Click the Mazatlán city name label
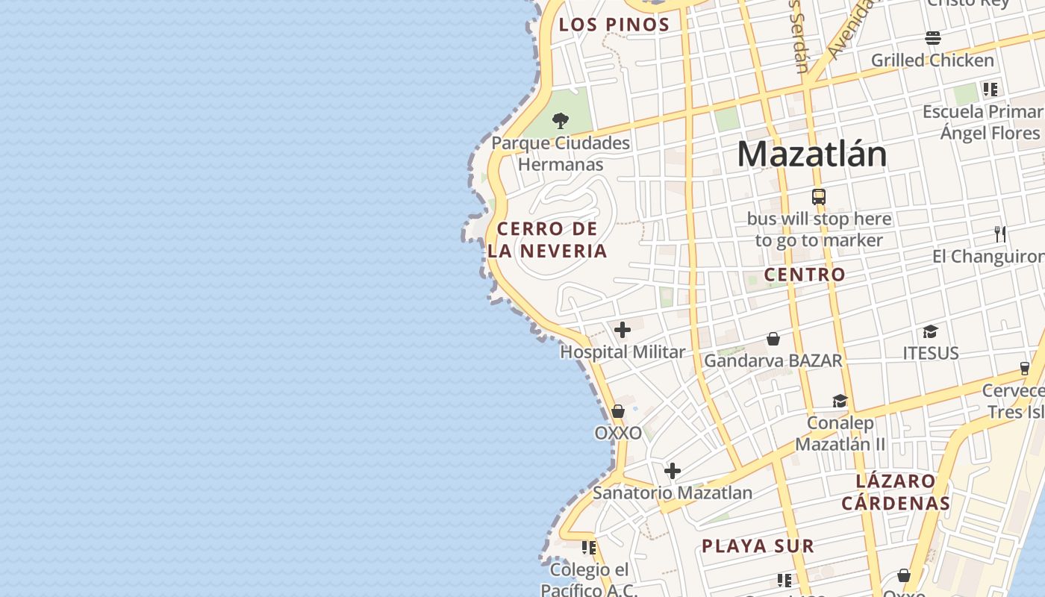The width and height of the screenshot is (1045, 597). click(812, 154)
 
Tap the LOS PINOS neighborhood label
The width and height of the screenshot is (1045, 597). click(614, 25)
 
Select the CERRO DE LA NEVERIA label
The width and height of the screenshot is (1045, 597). click(548, 240)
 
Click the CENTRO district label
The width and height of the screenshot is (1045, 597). click(805, 275)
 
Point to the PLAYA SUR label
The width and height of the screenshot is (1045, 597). click(758, 546)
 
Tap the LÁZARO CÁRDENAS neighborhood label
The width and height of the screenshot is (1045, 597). click(896, 492)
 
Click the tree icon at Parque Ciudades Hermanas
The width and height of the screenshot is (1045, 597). click(561, 120)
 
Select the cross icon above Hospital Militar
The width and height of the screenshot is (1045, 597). click(623, 330)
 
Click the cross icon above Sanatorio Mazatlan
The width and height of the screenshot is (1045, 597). click(673, 471)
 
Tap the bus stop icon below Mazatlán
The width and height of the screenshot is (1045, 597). click(819, 197)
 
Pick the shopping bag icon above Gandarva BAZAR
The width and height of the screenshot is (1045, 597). click(773, 339)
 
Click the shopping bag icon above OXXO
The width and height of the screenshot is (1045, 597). click(618, 411)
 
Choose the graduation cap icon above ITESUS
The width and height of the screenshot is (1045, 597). click(930, 331)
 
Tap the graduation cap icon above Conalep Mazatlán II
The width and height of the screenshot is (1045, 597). click(840, 401)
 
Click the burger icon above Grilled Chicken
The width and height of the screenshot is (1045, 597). click(933, 37)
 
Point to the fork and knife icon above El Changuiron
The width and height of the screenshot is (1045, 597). click(1000, 234)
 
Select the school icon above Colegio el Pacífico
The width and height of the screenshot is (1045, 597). click(589, 548)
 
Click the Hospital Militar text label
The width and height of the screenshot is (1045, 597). click(623, 352)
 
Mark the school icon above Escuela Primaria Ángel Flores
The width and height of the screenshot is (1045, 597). click(991, 90)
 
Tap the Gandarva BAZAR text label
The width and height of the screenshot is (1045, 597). click(773, 361)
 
